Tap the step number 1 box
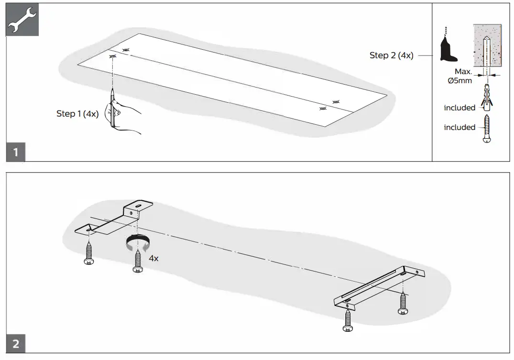[16, 153]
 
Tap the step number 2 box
[16, 344]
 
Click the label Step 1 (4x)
[77, 114]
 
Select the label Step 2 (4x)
[391, 55]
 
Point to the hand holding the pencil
[125, 117]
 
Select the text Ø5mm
[459, 81]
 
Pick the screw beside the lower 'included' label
[487, 127]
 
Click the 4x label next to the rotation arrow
[153, 258]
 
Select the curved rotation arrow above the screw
[137, 242]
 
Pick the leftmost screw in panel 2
[88, 253]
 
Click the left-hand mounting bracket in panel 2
[115, 221]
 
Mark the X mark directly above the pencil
[113, 56]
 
